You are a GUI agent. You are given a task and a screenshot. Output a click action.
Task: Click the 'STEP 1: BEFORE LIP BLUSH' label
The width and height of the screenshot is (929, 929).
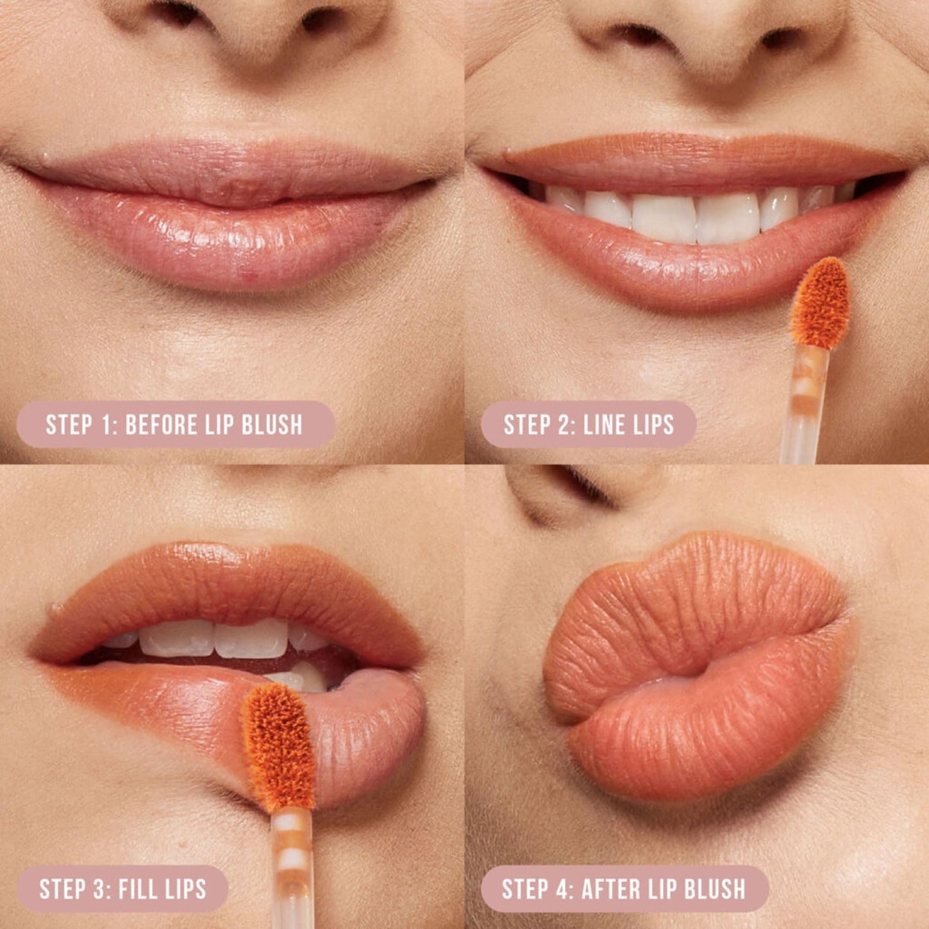pos(175,424)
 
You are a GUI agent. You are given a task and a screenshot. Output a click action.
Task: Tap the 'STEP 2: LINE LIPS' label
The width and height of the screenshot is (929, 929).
pos(588,424)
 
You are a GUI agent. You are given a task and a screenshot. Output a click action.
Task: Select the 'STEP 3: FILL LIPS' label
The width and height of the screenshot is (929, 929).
pos(122,888)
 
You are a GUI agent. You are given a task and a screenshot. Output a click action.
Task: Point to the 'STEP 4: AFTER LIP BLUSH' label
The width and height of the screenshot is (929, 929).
pos(624,888)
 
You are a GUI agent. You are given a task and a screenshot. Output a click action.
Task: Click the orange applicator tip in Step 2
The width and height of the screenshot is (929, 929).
pos(820,302)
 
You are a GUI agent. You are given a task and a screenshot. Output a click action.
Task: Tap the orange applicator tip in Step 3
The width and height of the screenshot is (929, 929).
pos(278,746)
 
